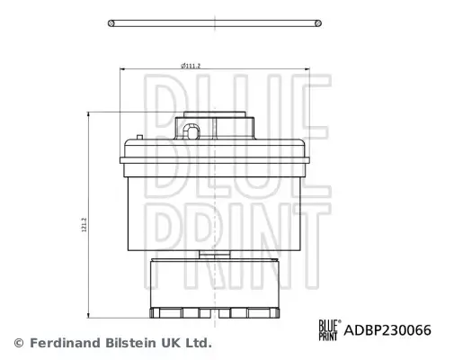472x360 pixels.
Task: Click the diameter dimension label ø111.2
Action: click(191, 66)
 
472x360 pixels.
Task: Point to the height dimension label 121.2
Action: click(84, 225)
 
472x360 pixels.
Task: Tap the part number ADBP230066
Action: click(387, 330)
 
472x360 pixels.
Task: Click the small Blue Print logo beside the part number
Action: click(330, 330)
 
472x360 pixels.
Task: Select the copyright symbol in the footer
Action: click(19, 343)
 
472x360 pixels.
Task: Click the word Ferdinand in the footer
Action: click(65, 343)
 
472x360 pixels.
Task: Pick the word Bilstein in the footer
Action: click(131, 343)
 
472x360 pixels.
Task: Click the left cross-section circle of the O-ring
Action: click(111, 23)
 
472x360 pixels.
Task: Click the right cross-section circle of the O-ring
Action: click(318, 23)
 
